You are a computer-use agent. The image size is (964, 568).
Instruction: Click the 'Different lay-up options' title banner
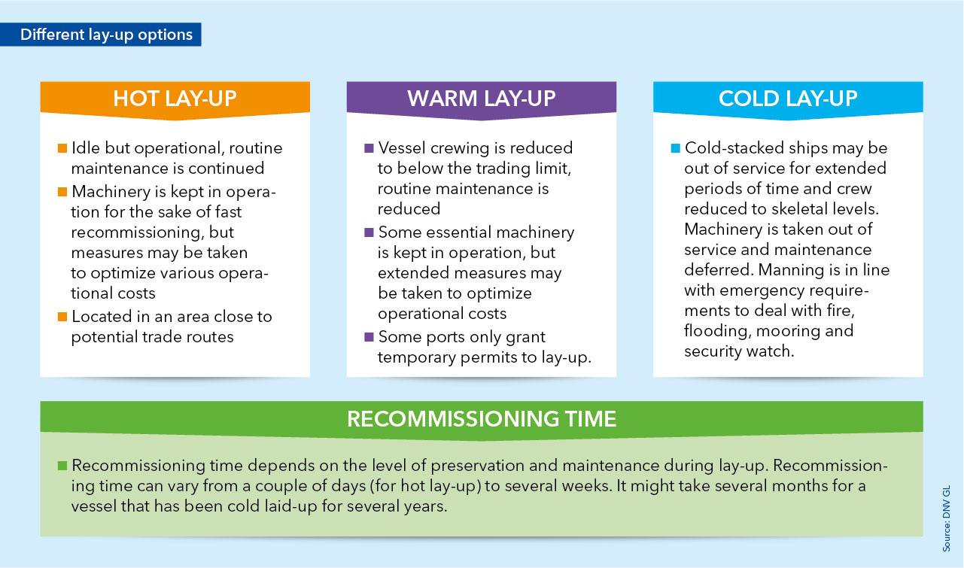(x=101, y=35)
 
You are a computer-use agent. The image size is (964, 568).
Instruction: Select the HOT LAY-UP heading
(x=175, y=99)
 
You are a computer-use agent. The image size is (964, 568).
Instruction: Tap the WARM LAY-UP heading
(x=481, y=99)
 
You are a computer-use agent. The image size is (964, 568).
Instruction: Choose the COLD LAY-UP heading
(x=788, y=99)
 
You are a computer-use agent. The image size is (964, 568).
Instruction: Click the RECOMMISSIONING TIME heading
(x=482, y=419)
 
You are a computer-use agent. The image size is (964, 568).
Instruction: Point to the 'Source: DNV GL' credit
(x=947, y=518)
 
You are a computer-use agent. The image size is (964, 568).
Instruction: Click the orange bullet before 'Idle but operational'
(x=62, y=148)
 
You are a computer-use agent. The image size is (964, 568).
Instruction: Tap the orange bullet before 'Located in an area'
(x=62, y=317)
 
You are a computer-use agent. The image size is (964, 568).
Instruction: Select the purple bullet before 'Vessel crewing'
(x=369, y=148)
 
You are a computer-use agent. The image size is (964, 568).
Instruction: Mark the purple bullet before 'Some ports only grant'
(x=369, y=337)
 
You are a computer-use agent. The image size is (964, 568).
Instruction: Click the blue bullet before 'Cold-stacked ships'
(x=676, y=148)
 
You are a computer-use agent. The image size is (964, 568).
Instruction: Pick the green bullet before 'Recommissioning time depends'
(x=62, y=466)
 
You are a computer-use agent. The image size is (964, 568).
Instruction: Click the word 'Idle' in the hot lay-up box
(x=86, y=148)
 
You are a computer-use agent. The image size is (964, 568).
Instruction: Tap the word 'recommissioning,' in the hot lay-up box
(x=138, y=232)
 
